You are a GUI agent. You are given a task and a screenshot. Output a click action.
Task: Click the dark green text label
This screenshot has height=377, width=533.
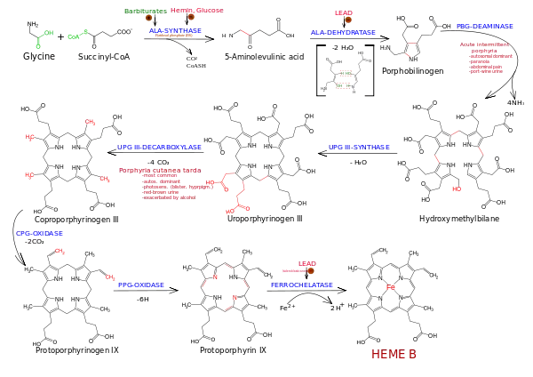(x=145, y=11)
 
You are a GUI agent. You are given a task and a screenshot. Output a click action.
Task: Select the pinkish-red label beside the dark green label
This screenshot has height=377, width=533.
(x=198, y=11)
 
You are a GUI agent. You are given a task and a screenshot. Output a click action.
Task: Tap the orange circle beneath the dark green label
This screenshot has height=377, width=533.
(x=148, y=18)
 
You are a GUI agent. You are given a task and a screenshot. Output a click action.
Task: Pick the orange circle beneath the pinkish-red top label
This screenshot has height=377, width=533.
(x=191, y=17)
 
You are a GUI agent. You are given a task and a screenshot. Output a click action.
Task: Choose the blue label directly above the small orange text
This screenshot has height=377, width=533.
(x=176, y=31)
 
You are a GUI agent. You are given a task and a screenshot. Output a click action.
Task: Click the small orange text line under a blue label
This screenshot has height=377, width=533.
(x=173, y=36)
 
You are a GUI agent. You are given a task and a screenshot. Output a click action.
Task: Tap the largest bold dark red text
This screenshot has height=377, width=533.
(x=394, y=355)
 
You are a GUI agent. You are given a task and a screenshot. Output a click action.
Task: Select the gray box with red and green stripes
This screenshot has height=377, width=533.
(x=344, y=78)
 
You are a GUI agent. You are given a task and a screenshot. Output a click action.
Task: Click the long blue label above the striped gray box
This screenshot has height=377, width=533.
(x=342, y=32)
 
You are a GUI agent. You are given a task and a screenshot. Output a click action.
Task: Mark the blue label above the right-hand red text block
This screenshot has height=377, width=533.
(x=485, y=25)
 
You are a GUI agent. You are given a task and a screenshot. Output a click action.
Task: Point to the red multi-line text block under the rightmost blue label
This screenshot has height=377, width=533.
(x=487, y=60)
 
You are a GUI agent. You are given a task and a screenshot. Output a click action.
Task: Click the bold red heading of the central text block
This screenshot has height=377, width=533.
(x=160, y=169)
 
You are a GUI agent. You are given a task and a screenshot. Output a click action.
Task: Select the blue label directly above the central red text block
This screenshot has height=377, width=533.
(x=160, y=146)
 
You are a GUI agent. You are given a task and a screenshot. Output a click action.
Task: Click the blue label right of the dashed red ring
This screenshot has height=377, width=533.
(x=302, y=285)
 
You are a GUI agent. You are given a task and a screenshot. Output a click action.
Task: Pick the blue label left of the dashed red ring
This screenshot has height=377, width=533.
(x=141, y=285)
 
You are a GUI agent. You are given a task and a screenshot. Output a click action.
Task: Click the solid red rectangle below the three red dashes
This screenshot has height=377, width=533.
(x=455, y=188)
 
